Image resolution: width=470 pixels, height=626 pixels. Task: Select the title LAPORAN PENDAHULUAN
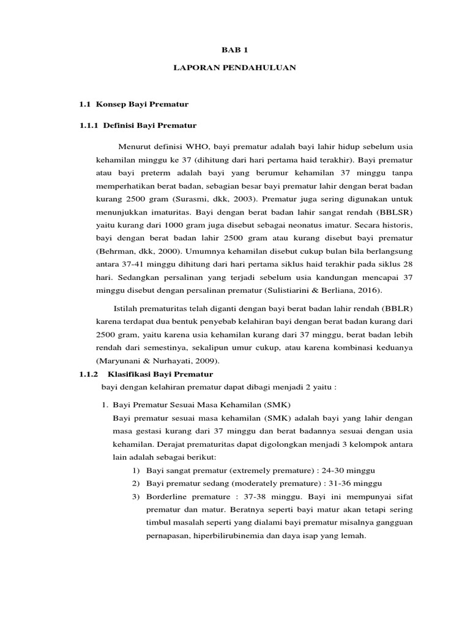[x=234, y=68]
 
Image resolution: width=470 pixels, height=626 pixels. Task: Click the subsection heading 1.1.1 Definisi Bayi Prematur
[x=138, y=125]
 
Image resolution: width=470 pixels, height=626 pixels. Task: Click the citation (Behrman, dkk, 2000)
[x=135, y=251]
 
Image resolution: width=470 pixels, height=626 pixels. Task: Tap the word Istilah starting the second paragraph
[x=127, y=308]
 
